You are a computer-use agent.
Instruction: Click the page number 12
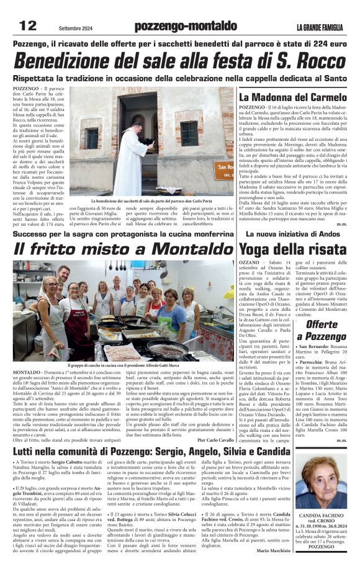[29, 25]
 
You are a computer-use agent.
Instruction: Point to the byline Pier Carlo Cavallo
[215, 422]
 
